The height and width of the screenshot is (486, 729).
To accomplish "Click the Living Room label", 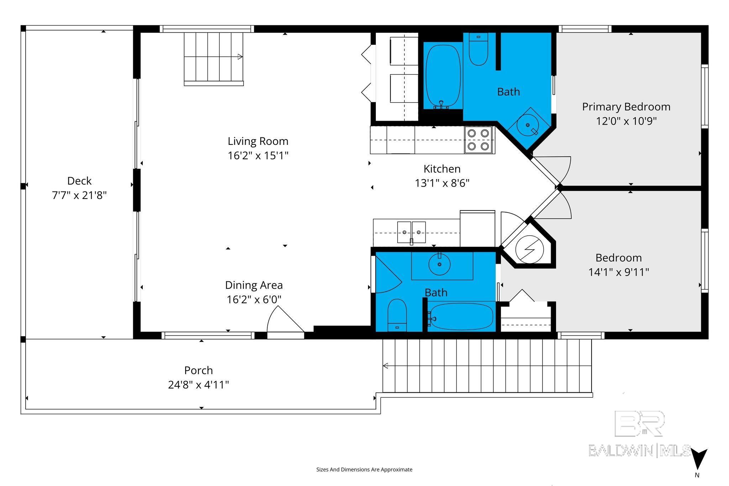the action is [258, 141].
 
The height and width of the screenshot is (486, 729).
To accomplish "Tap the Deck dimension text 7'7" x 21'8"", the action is [79, 195].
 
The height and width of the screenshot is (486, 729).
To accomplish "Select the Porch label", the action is [199, 371].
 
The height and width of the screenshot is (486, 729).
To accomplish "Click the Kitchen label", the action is [442, 169].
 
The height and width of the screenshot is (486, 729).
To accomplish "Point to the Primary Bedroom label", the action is [626, 107].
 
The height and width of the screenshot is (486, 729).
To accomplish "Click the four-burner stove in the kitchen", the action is [478, 140].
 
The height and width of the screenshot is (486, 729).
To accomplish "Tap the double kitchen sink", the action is [411, 232].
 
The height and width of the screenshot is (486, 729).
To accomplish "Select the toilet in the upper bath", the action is [478, 49].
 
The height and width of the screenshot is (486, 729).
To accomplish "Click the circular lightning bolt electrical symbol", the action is [530, 250].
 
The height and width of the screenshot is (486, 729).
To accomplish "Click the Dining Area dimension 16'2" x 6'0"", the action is [254, 300].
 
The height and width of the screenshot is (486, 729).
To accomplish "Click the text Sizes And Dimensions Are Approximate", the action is [364, 470].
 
